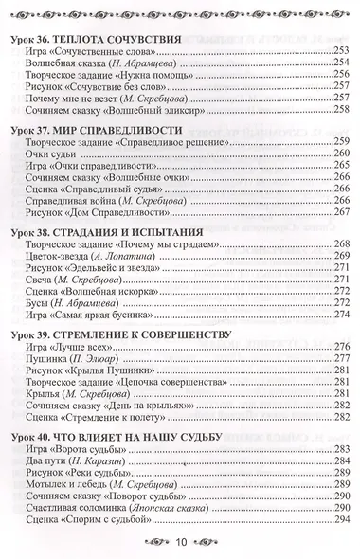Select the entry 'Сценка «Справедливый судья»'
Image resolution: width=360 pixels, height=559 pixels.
pyautogui.click(x=92, y=200)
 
